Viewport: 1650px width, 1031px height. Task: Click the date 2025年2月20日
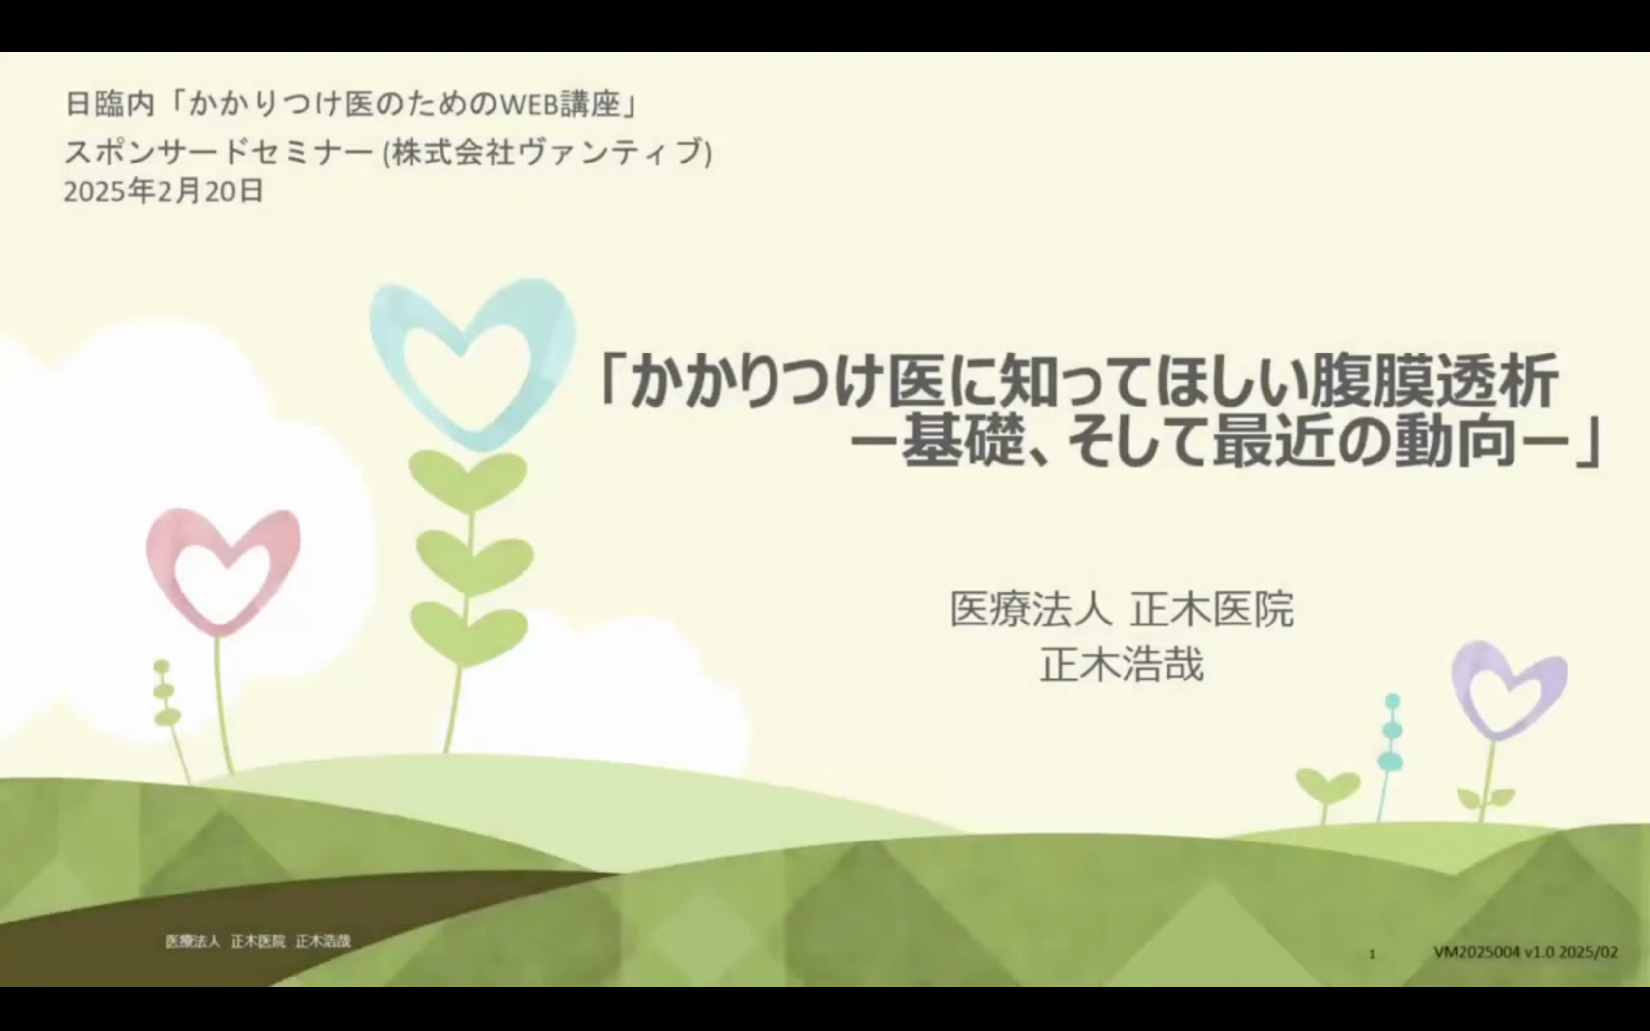tap(164, 191)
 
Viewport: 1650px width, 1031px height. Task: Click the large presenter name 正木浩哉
tap(1122, 665)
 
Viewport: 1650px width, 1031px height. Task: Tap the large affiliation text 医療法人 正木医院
tap(1122, 609)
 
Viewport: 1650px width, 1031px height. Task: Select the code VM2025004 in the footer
tap(1476, 952)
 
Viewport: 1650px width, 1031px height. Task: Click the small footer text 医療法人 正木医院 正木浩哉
tap(258, 942)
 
